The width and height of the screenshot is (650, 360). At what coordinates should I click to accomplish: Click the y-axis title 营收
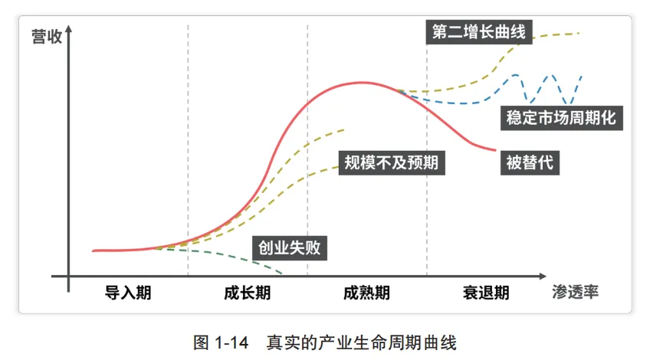tap(47, 37)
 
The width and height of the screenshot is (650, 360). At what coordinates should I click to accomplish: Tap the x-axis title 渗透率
tap(575, 292)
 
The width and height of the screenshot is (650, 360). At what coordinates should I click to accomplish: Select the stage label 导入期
tap(128, 293)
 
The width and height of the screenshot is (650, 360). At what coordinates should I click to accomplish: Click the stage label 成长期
tap(247, 293)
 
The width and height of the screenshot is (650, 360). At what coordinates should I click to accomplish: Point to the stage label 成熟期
tap(366, 293)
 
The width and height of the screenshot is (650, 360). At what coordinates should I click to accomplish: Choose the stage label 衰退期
tap(486, 293)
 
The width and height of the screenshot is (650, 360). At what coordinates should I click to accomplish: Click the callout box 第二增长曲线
tap(479, 32)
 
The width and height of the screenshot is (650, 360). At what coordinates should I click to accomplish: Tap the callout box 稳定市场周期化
tap(561, 118)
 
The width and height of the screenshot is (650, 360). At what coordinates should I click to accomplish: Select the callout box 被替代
tap(530, 162)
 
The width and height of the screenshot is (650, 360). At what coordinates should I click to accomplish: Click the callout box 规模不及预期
tap(392, 162)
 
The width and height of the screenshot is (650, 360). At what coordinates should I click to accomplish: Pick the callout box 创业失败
tap(290, 247)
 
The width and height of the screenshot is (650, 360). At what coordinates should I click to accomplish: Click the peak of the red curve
tap(362, 83)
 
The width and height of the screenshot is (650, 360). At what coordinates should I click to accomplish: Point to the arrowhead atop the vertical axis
tap(69, 28)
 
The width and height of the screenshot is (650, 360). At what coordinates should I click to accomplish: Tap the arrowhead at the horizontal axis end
tap(543, 276)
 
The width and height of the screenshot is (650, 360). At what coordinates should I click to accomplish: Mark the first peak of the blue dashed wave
tap(515, 75)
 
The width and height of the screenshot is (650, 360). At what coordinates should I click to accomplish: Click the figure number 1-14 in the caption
tap(231, 342)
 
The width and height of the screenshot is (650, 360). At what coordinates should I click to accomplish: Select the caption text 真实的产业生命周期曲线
tap(362, 342)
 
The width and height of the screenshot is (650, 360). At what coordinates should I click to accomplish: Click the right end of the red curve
tap(495, 150)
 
